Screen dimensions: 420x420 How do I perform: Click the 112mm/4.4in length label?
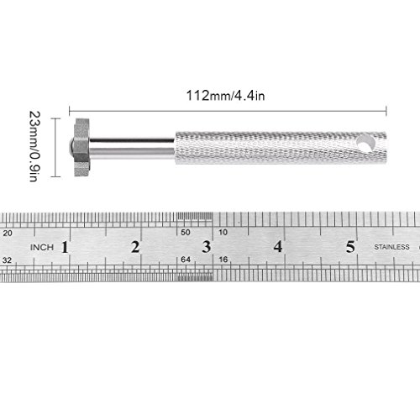pyautogui.click(x=225, y=96)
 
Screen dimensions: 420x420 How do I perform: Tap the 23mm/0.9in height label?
pyautogui.click(x=35, y=146)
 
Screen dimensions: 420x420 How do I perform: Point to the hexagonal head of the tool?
pyautogui.click(x=82, y=148)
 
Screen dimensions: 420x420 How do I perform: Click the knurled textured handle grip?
pyautogui.click(x=281, y=148)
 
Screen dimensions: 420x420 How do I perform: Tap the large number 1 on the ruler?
pyautogui.click(x=65, y=247)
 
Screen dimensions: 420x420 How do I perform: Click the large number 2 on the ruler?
pyautogui.click(x=135, y=247)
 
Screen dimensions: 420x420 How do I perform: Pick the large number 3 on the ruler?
pyautogui.click(x=207, y=247)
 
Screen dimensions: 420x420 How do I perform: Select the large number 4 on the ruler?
pyautogui.click(x=278, y=247)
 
